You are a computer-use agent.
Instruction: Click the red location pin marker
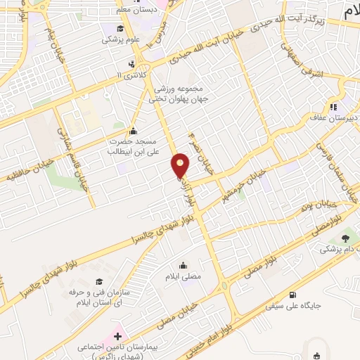[x=181, y=166]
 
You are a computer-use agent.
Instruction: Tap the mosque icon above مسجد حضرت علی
[x=134, y=131]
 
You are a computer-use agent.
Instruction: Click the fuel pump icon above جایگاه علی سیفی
[x=292, y=295]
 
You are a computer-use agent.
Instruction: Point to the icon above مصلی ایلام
[x=184, y=265]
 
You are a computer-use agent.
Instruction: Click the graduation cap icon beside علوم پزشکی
[x=120, y=29]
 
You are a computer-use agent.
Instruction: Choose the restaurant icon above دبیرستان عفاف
[x=333, y=107]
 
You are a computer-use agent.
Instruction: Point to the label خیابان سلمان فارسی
[x=330, y=169]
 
